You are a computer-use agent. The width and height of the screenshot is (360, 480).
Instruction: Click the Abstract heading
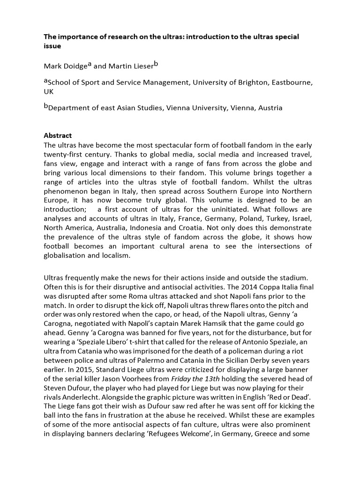[x=59, y=135]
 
